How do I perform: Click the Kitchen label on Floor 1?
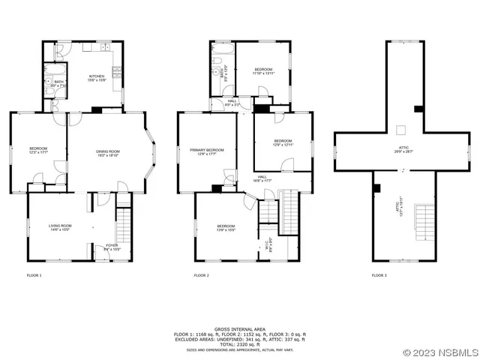tap(97, 77)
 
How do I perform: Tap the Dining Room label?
tap(107, 153)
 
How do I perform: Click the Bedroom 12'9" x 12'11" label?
tap(282, 142)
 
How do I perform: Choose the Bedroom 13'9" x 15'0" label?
tap(226, 227)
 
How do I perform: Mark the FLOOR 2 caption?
tap(201, 275)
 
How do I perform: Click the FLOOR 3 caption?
tap(379, 275)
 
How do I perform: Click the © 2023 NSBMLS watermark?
tap(439, 352)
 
